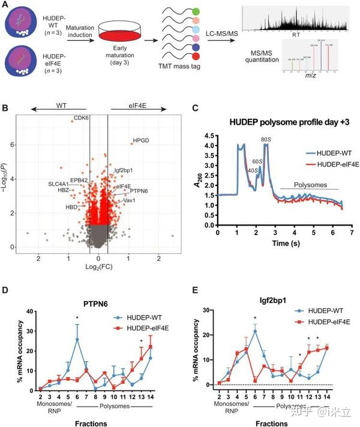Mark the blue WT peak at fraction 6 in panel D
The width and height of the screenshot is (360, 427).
(x=77, y=339)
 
